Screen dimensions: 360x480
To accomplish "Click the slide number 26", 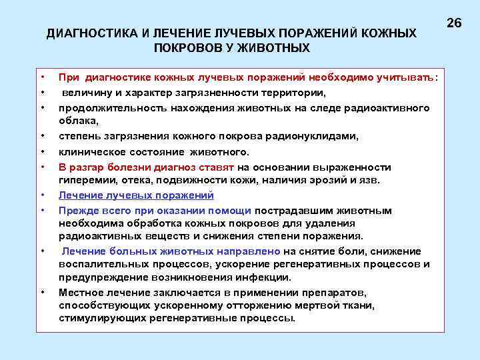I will pos(454,23).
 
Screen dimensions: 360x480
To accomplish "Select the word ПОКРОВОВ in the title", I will pos(184,48).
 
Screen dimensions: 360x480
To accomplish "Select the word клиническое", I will pos(89,151).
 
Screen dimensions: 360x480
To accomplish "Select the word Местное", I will pos(81,292).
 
